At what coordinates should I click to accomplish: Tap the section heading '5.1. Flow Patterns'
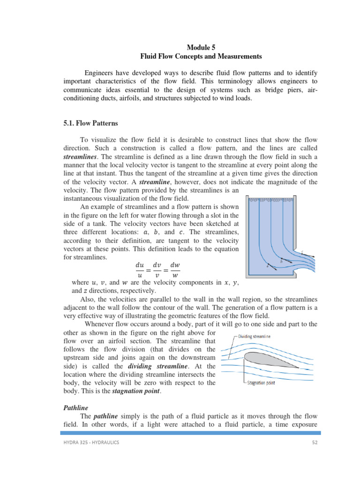(90, 124)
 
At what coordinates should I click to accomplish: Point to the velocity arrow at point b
(287, 262)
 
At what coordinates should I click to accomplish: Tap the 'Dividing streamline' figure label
(254, 336)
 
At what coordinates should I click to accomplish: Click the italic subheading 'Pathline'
(75, 407)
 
